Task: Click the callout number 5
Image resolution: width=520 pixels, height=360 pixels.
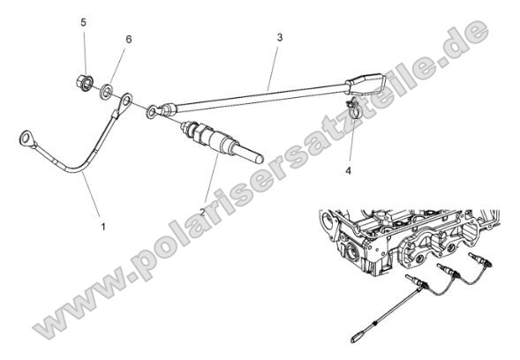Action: click(84, 20)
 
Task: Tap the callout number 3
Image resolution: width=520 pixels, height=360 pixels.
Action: click(279, 38)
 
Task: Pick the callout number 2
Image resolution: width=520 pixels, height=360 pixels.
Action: click(204, 212)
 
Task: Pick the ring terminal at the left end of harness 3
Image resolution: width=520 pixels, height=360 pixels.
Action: click(155, 111)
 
